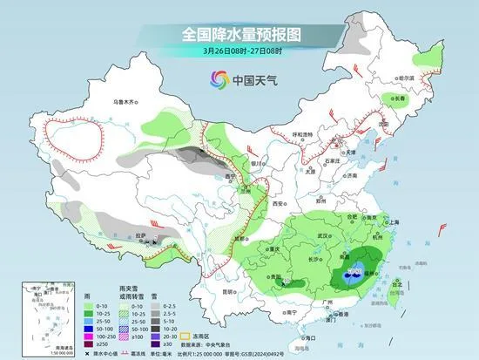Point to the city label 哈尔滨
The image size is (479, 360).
[403, 78]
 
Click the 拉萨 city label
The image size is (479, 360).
[140, 235]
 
